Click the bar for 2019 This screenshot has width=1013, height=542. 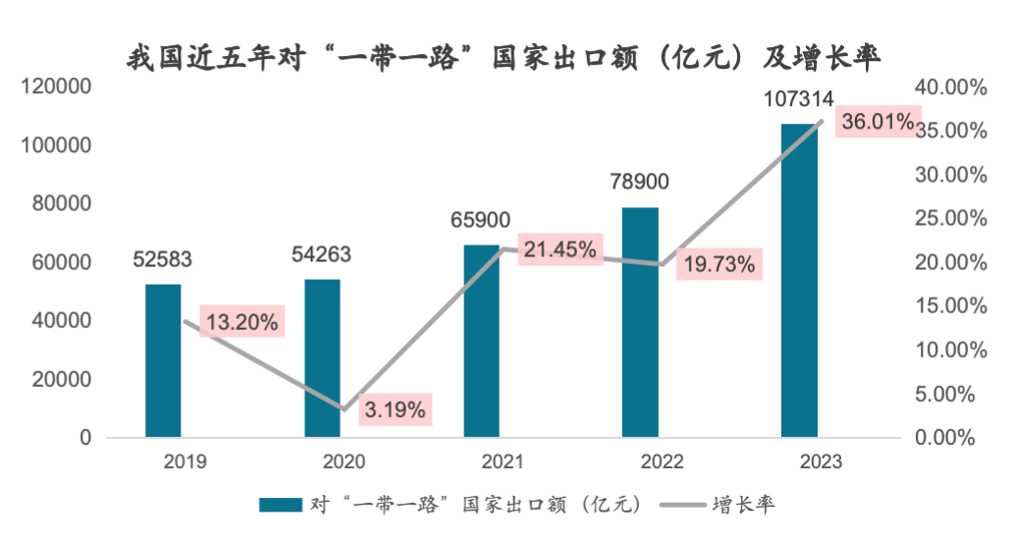163,360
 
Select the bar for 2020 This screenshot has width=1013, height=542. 322,358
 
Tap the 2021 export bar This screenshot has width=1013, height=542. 481,341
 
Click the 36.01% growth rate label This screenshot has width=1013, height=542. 877,123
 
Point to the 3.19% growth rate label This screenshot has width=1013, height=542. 395,409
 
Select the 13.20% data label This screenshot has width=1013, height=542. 241,320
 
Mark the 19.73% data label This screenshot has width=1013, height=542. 720,263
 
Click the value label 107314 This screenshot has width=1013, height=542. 798,99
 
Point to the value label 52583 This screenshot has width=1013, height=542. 162,260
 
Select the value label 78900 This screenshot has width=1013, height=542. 639,183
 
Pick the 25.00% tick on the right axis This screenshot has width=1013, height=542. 950,219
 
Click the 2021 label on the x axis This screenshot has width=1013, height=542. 481,461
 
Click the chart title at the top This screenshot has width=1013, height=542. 505,56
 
